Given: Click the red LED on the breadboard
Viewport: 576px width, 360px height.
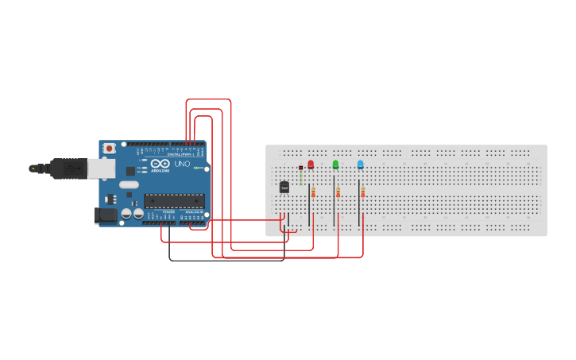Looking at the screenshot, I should coord(311,165).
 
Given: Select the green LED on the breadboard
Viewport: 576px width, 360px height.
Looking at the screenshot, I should coord(335,165).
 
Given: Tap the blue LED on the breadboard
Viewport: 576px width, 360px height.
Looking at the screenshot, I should coord(360,165).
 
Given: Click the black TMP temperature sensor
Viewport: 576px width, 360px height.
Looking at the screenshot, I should coord(284,188).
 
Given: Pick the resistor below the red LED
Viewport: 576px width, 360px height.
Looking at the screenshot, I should coord(313,192).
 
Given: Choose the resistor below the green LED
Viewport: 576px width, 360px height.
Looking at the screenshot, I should coord(338,192).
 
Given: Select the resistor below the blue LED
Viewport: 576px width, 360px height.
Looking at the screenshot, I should coord(363,192).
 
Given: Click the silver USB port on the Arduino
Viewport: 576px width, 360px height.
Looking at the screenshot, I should coord(100,168).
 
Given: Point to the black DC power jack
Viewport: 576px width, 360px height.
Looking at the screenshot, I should coord(105,215).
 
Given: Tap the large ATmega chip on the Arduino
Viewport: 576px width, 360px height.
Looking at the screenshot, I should coord(174,201).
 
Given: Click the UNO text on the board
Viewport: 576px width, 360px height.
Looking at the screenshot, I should coord(182,163).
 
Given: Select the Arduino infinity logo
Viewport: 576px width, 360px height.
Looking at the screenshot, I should coord(160,163).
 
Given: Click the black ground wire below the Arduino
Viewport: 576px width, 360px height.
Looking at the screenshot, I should coord(226,260).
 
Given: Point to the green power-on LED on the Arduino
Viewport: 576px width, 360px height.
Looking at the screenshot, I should coord(196,168).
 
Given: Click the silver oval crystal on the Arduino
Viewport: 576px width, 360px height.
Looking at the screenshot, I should coord(130,184).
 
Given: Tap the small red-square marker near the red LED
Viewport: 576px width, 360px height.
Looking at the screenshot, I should coord(300,168).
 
